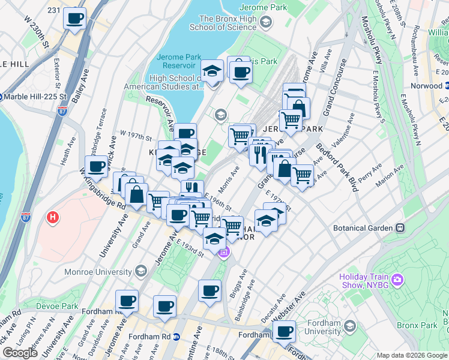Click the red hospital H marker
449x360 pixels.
click(53, 217)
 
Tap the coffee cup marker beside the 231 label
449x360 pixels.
click(75, 19)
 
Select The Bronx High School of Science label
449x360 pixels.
click(231, 23)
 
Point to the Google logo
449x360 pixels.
click(20, 353)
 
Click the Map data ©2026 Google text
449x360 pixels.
click(412, 355)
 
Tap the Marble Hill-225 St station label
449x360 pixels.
click(34, 97)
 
